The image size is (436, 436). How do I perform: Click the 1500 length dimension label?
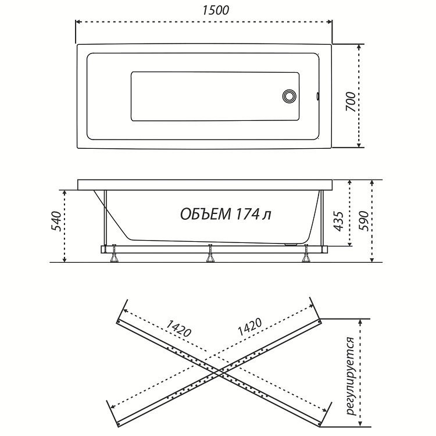216,10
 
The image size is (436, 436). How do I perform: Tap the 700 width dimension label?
351,102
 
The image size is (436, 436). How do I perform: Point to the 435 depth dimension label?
338,221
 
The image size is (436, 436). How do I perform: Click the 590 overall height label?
363,221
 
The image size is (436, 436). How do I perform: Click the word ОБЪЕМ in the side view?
206,215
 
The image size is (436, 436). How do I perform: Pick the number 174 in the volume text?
246,215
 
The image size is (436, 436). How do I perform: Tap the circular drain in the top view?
289,96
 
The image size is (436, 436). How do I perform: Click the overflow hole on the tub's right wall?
317,96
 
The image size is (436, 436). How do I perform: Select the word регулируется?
351,376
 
